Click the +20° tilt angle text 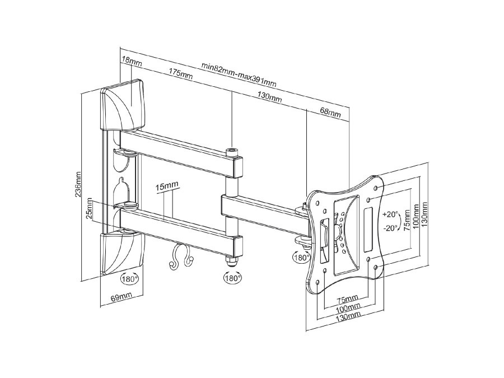[390, 214]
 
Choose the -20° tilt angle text [390, 227]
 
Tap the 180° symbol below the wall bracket [129, 278]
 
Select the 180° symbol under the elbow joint [232, 277]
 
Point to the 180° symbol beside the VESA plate [301, 258]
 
